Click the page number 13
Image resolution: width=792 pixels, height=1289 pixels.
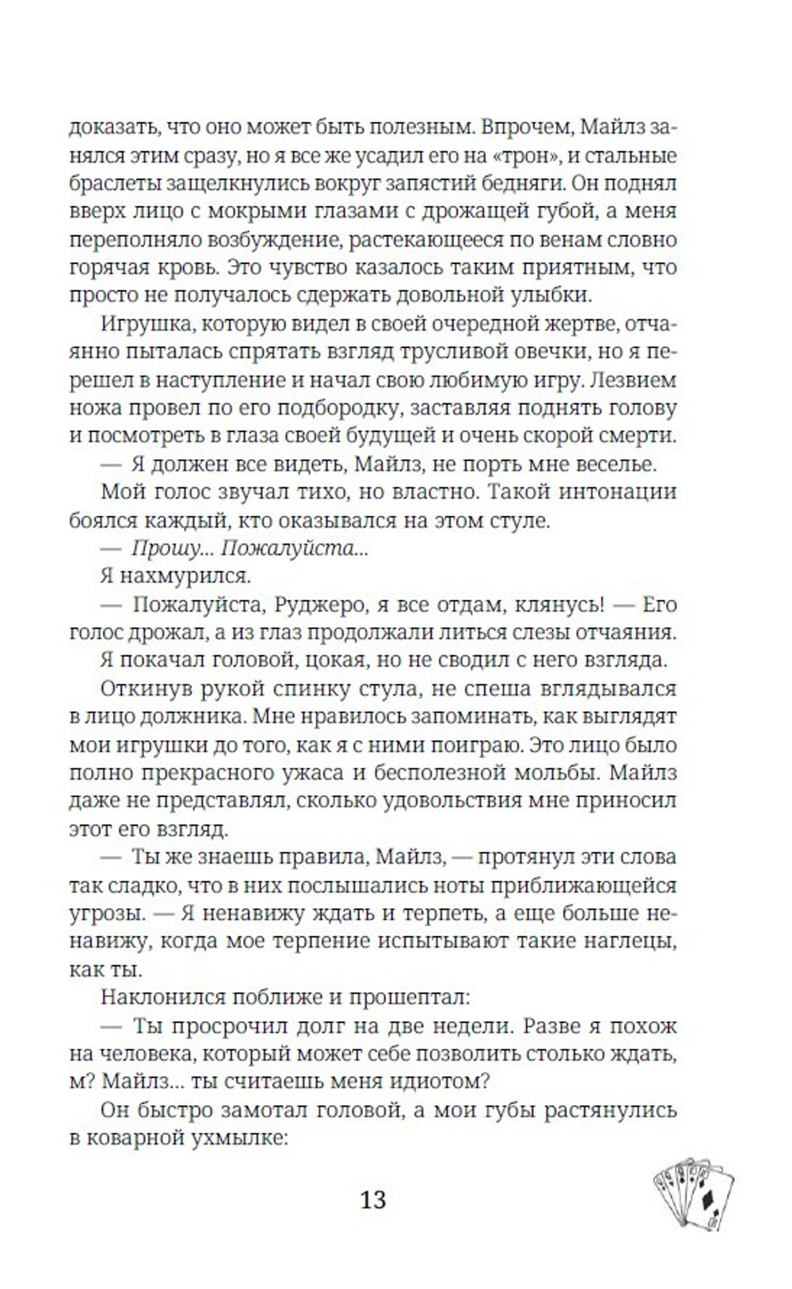pos(373,1199)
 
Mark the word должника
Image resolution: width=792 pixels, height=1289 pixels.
pos(191,717)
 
